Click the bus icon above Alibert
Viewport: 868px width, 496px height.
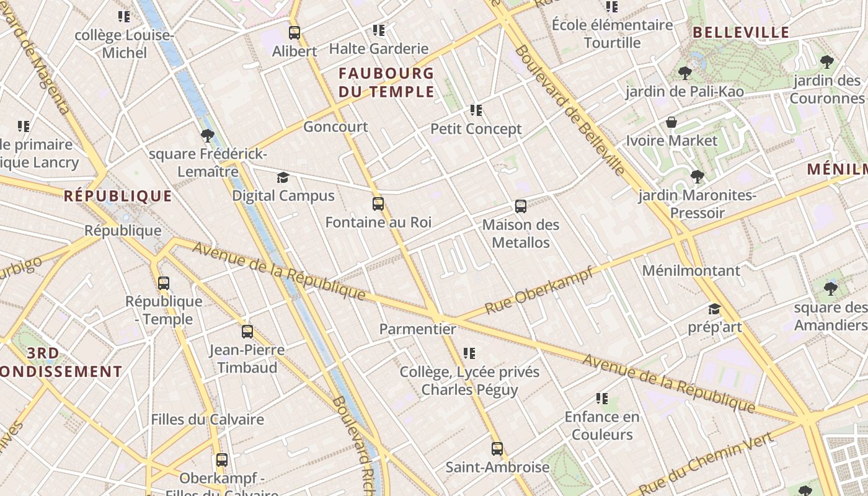pyautogui.click(x=294, y=33)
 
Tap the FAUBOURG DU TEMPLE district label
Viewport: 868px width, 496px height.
pyautogui.click(x=386, y=82)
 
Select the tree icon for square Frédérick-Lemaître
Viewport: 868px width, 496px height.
pyautogui.click(x=208, y=136)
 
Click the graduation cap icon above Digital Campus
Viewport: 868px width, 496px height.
pyautogui.click(x=283, y=178)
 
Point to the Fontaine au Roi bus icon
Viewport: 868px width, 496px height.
pyautogui.click(x=378, y=204)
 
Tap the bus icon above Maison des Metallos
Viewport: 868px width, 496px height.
pyautogui.click(x=521, y=206)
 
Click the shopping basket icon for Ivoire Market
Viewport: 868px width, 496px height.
pyautogui.click(x=671, y=123)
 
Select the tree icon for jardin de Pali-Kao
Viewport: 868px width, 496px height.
pyautogui.click(x=684, y=73)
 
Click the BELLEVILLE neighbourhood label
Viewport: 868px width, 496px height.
pyautogui.click(x=740, y=33)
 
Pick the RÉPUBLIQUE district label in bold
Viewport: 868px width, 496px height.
pyautogui.click(x=118, y=197)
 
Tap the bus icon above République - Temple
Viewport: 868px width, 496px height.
pyautogui.click(x=164, y=283)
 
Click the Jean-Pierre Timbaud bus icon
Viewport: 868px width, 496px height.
pyautogui.click(x=247, y=332)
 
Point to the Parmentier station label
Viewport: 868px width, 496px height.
pyautogui.click(x=417, y=329)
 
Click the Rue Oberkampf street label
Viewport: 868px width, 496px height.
pyautogui.click(x=539, y=290)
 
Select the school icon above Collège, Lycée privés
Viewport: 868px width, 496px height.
pyautogui.click(x=469, y=353)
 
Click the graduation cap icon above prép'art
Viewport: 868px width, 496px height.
pyautogui.click(x=714, y=309)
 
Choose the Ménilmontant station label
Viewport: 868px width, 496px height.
pyautogui.click(x=691, y=271)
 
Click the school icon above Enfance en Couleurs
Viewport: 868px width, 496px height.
pyautogui.click(x=601, y=399)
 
